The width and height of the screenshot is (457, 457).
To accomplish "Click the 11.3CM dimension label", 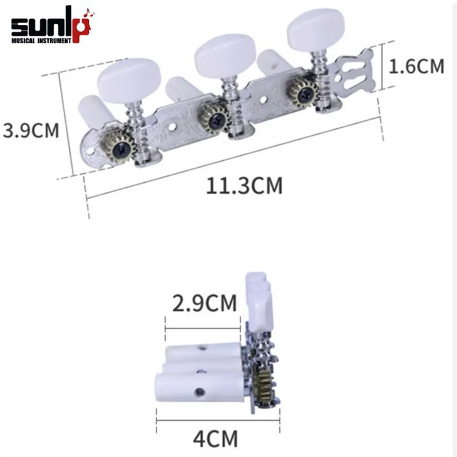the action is (x=244, y=186).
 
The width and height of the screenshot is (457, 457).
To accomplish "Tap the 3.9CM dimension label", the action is (x=31, y=130).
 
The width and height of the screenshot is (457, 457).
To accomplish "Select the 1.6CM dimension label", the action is (x=416, y=66).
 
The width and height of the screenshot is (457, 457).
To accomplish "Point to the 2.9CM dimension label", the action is (x=204, y=303).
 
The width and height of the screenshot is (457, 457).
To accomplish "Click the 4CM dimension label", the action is (x=215, y=439).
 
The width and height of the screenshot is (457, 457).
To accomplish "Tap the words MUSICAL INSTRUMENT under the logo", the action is (x=41, y=41).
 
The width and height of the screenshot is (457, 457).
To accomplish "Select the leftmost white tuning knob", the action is (x=129, y=80).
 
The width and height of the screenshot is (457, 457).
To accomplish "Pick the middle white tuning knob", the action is (x=225, y=55).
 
